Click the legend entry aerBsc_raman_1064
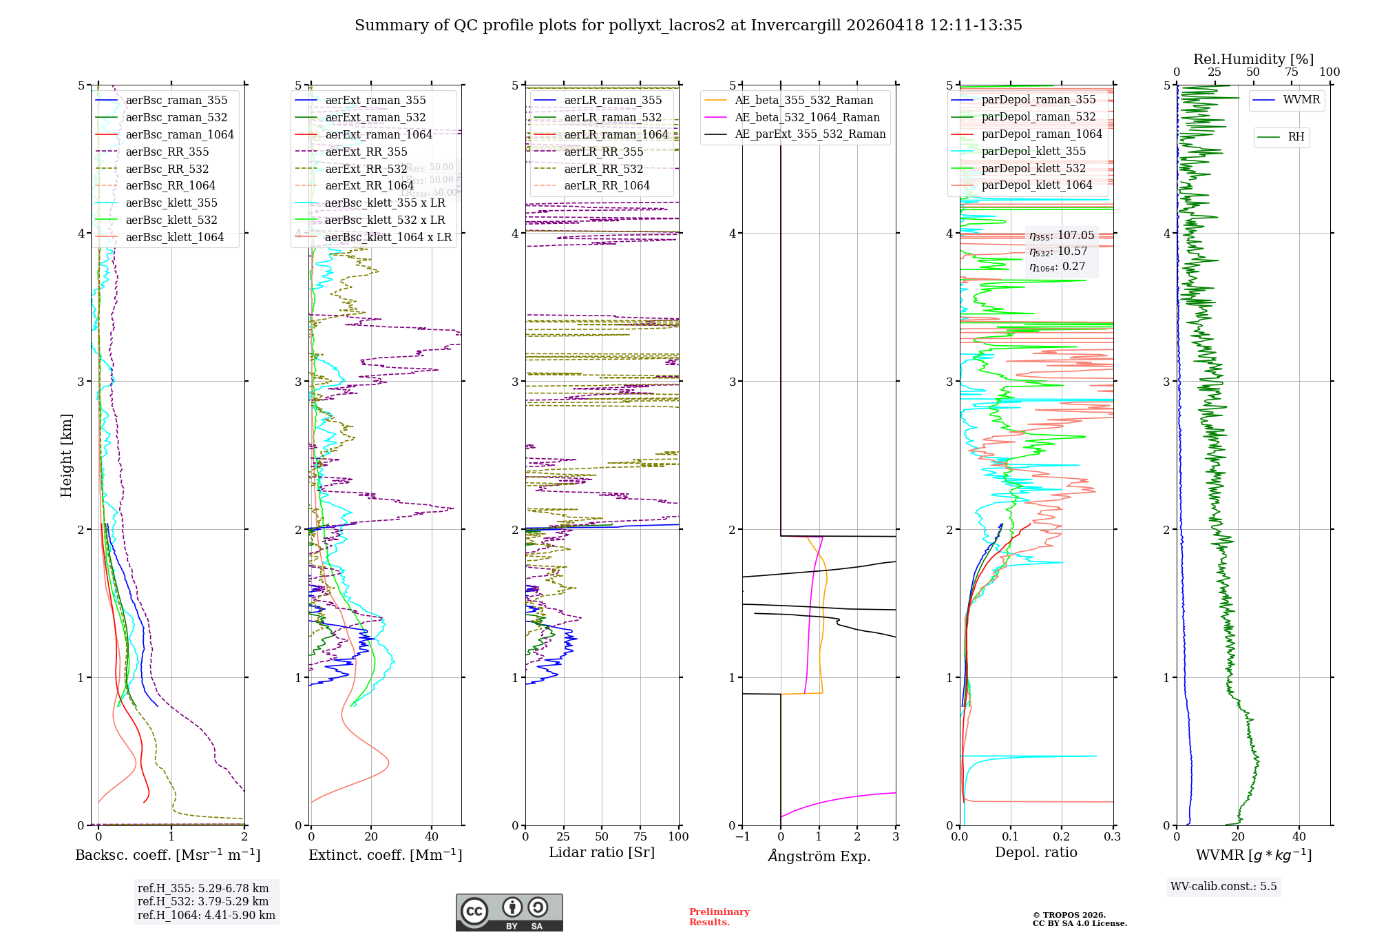click(x=179, y=134)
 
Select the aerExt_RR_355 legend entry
click(x=366, y=152)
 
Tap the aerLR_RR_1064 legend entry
click(x=607, y=185)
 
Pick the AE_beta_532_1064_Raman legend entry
click(x=807, y=117)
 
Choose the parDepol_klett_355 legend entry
click(x=1033, y=151)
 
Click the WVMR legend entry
click(x=1301, y=100)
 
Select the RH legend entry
click(x=1296, y=137)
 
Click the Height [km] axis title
click(x=66, y=455)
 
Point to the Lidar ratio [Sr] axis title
click(x=601, y=852)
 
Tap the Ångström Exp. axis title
click(x=819, y=856)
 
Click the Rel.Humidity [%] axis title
click(x=1253, y=59)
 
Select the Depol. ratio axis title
click(x=1036, y=852)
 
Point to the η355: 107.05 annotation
click(x=1061, y=236)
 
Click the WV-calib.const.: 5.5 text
click(x=1223, y=886)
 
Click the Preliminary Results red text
click(x=719, y=916)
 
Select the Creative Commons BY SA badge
click(x=509, y=912)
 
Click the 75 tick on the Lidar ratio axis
click(x=640, y=836)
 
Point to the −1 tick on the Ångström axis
click(x=742, y=836)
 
